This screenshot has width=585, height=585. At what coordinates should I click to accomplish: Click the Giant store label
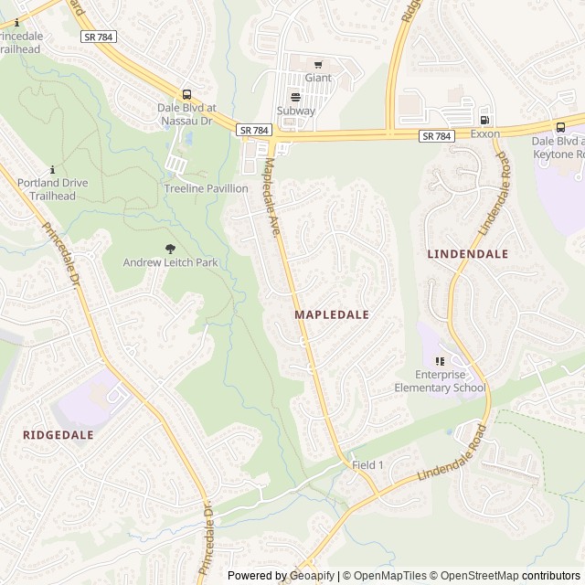(x=318, y=78)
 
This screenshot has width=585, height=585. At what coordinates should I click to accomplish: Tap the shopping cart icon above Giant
(x=318, y=64)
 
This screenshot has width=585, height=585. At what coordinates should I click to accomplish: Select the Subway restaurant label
(x=296, y=111)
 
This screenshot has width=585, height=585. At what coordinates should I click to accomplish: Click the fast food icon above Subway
(x=295, y=96)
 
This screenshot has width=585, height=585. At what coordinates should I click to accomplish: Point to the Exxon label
(x=485, y=133)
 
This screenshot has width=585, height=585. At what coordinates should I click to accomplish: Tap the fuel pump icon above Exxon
(x=484, y=119)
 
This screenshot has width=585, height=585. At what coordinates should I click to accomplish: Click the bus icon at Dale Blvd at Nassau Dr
(x=187, y=94)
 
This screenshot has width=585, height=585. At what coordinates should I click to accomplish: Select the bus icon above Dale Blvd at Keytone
(x=560, y=127)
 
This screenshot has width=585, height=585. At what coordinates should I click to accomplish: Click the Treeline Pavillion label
(x=206, y=188)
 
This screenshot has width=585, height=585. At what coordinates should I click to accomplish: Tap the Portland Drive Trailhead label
(x=53, y=188)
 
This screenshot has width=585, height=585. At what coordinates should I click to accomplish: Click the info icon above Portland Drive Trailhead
(x=53, y=169)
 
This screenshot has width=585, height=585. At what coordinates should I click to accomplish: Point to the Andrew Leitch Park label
(x=171, y=262)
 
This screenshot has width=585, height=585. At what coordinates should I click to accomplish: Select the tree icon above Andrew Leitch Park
(x=170, y=248)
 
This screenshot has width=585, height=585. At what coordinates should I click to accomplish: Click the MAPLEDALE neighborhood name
(x=332, y=314)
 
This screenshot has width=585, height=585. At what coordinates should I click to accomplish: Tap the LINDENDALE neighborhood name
(x=467, y=253)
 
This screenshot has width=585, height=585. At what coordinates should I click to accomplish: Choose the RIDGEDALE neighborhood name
(x=58, y=435)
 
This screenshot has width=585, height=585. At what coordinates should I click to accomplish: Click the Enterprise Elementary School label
(x=439, y=381)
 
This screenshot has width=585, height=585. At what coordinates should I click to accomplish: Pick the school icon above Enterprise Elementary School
(x=440, y=361)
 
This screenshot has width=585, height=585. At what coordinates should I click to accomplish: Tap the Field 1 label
(x=368, y=465)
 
